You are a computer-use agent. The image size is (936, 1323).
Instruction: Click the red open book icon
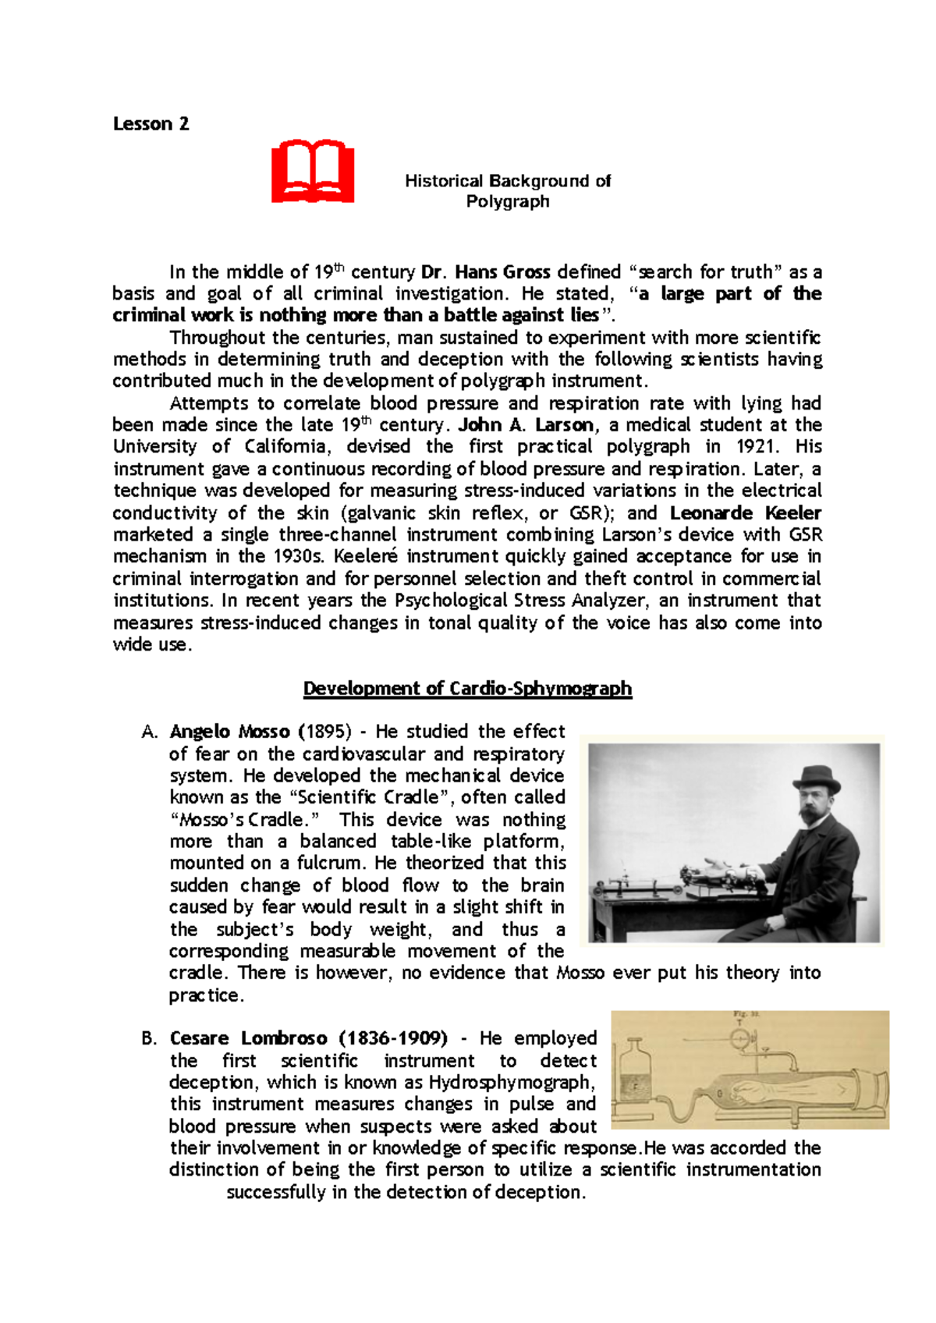pos(313,172)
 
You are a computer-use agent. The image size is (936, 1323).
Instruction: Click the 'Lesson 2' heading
pos(151,124)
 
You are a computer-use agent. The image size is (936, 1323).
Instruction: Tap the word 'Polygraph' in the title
pos(508,202)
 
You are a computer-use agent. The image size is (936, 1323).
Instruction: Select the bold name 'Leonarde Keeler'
pos(745,513)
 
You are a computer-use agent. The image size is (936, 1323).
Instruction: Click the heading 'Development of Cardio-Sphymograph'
pos(467,689)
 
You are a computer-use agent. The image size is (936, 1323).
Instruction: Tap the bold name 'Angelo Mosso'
pos(230,732)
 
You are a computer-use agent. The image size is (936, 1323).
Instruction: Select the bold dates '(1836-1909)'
pos(393,1039)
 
